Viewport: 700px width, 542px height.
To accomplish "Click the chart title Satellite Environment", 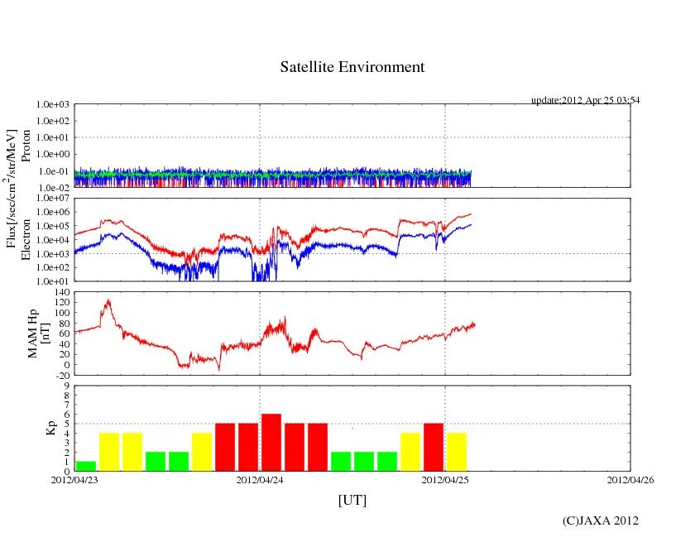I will click(x=352, y=67).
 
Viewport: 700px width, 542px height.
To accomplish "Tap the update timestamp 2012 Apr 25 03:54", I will click(x=585, y=100).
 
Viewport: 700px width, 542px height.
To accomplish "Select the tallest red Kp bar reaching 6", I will click(x=271, y=442).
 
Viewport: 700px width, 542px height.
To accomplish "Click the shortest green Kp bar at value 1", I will click(x=86, y=466).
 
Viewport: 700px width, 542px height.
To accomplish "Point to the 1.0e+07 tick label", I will click(x=51, y=199).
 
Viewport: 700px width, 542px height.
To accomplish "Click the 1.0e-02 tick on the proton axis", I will click(x=51, y=188).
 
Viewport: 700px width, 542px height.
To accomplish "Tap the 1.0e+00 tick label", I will click(x=51, y=155).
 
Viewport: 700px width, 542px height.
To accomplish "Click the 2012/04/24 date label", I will click(x=260, y=480).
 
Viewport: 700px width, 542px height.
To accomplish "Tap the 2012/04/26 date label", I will click(x=630, y=480).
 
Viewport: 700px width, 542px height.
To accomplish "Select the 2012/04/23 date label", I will click(x=74, y=480).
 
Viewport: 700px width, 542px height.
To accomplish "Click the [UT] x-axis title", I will click(x=352, y=501).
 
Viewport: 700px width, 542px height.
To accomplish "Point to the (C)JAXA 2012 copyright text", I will click(x=600, y=520).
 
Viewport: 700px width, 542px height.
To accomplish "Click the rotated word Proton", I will click(x=26, y=146).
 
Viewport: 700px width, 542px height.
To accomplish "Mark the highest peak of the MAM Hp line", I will click(x=107, y=300).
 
